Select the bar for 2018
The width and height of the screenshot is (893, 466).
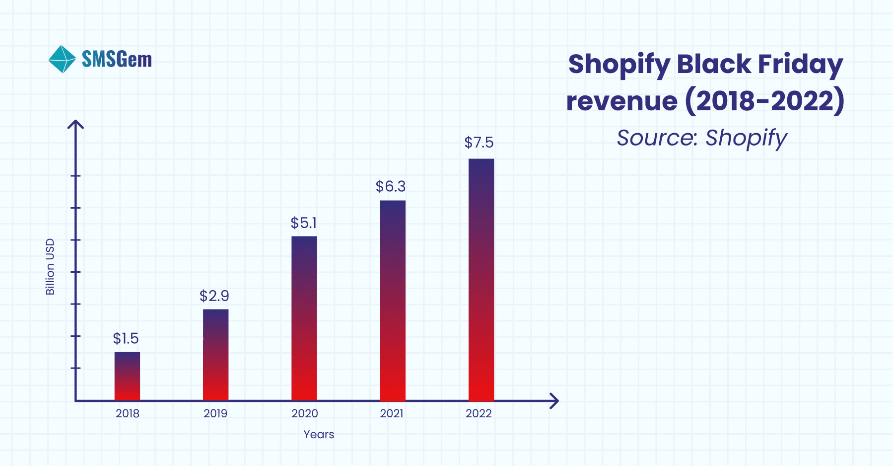[127, 376]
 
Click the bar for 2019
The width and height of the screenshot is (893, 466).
[215, 355]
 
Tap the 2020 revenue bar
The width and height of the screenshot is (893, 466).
[304, 318]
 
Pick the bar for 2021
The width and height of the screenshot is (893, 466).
[393, 301]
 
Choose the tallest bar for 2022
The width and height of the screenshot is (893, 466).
[481, 280]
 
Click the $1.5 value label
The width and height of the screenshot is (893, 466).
[126, 339]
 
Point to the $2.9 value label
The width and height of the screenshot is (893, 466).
[214, 296]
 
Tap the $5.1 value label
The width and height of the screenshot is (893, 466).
[303, 223]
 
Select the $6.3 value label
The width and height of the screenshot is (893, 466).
[391, 187]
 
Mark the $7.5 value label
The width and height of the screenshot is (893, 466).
[479, 143]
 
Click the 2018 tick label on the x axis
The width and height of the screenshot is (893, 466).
[128, 413]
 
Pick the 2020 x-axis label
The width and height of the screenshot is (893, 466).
[304, 413]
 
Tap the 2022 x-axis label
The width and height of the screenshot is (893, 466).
[479, 413]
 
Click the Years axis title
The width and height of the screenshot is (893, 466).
[319, 434]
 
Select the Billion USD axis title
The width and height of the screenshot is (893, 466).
[50, 267]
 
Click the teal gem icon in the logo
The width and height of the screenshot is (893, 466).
[62, 59]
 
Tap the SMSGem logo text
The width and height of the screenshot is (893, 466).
[117, 60]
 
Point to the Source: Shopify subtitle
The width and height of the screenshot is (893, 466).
[701, 138]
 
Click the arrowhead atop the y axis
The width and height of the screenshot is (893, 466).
[75, 124]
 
